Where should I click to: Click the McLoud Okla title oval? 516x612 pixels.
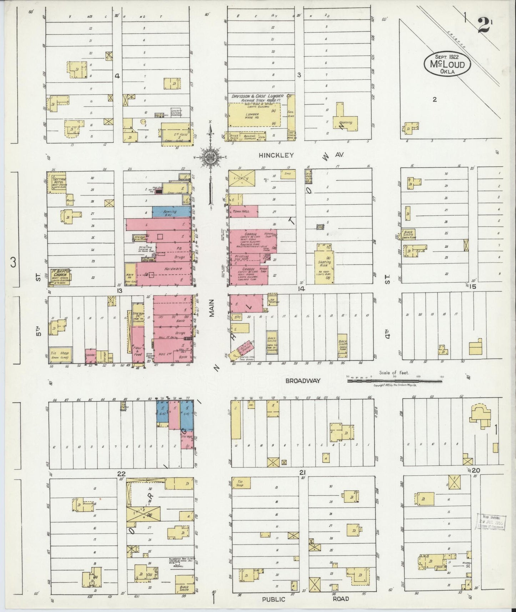[447, 64]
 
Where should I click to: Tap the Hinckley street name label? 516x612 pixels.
[276, 155]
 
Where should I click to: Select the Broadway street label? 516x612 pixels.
[303, 381]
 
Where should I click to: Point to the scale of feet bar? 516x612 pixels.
[394, 381]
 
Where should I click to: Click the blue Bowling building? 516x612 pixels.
[171, 211]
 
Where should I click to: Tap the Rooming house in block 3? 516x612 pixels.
[345, 122]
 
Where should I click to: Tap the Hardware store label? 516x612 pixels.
[173, 269]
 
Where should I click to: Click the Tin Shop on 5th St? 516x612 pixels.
[61, 354]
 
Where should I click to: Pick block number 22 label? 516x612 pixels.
[121, 473]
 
